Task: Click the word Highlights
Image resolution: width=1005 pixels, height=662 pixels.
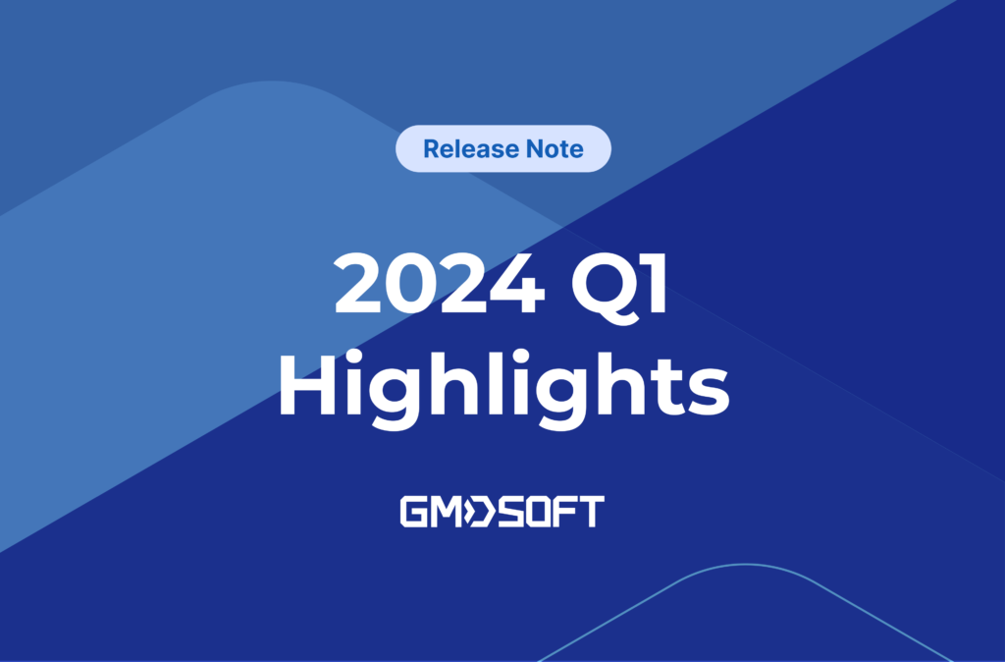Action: pyautogui.click(x=503, y=384)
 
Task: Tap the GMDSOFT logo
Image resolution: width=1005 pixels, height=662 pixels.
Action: pyautogui.click(x=502, y=512)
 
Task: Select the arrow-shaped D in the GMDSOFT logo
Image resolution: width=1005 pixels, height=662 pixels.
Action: pyautogui.click(x=479, y=512)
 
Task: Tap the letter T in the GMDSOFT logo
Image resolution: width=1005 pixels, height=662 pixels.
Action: pyautogui.click(x=591, y=512)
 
